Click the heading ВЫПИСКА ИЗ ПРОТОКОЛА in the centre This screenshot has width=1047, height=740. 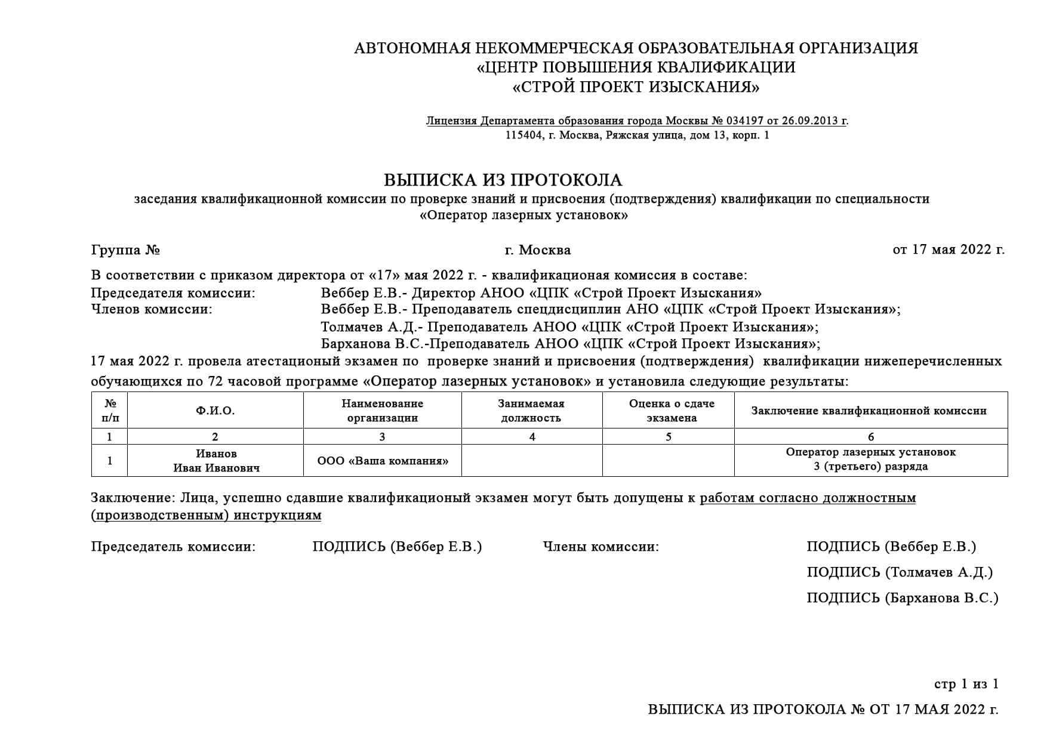[x=503, y=180]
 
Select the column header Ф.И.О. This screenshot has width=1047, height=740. [x=215, y=411]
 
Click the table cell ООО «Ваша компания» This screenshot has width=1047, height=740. [x=383, y=461]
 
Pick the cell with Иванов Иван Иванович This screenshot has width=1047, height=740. [x=216, y=461]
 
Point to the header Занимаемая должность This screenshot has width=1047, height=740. [x=531, y=411]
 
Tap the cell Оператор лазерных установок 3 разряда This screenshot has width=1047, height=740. [x=870, y=459]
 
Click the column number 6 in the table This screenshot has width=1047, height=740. [x=871, y=437]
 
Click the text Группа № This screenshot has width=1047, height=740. [x=125, y=249]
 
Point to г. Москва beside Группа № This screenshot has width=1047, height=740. [x=537, y=249]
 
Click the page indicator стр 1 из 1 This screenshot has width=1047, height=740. [x=965, y=684]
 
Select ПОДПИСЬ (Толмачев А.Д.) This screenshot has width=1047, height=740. [x=899, y=572]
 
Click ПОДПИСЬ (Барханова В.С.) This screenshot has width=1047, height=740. [x=902, y=597]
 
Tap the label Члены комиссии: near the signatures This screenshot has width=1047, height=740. [x=601, y=546]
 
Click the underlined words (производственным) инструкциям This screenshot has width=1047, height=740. [x=206, y=515]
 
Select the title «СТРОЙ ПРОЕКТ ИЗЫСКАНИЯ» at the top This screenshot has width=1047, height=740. [x=636, y=87]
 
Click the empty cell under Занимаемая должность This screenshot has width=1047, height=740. [x=531, y=461]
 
